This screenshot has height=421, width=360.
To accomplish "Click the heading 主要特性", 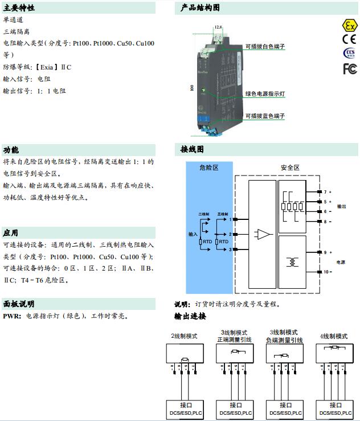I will tap(19, 8).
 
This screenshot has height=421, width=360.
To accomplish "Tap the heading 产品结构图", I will tap(200, 8).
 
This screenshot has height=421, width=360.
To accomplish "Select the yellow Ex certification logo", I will tap(348, 26).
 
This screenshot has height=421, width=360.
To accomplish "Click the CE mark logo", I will tap(349, 39).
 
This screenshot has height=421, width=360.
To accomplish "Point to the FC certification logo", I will tap(349, 69).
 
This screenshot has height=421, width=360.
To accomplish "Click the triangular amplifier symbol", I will tap(264, 234).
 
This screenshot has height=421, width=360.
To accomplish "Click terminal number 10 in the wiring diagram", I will tap(326, 272).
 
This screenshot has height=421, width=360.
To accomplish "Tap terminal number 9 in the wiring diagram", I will tap(325, 252).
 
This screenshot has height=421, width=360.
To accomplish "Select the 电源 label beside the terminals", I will tap(341, 262).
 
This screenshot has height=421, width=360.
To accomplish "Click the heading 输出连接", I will tap(190, 316).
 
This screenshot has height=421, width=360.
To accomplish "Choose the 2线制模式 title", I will tap(184, 336).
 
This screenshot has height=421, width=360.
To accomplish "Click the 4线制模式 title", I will tap(333, 336).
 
